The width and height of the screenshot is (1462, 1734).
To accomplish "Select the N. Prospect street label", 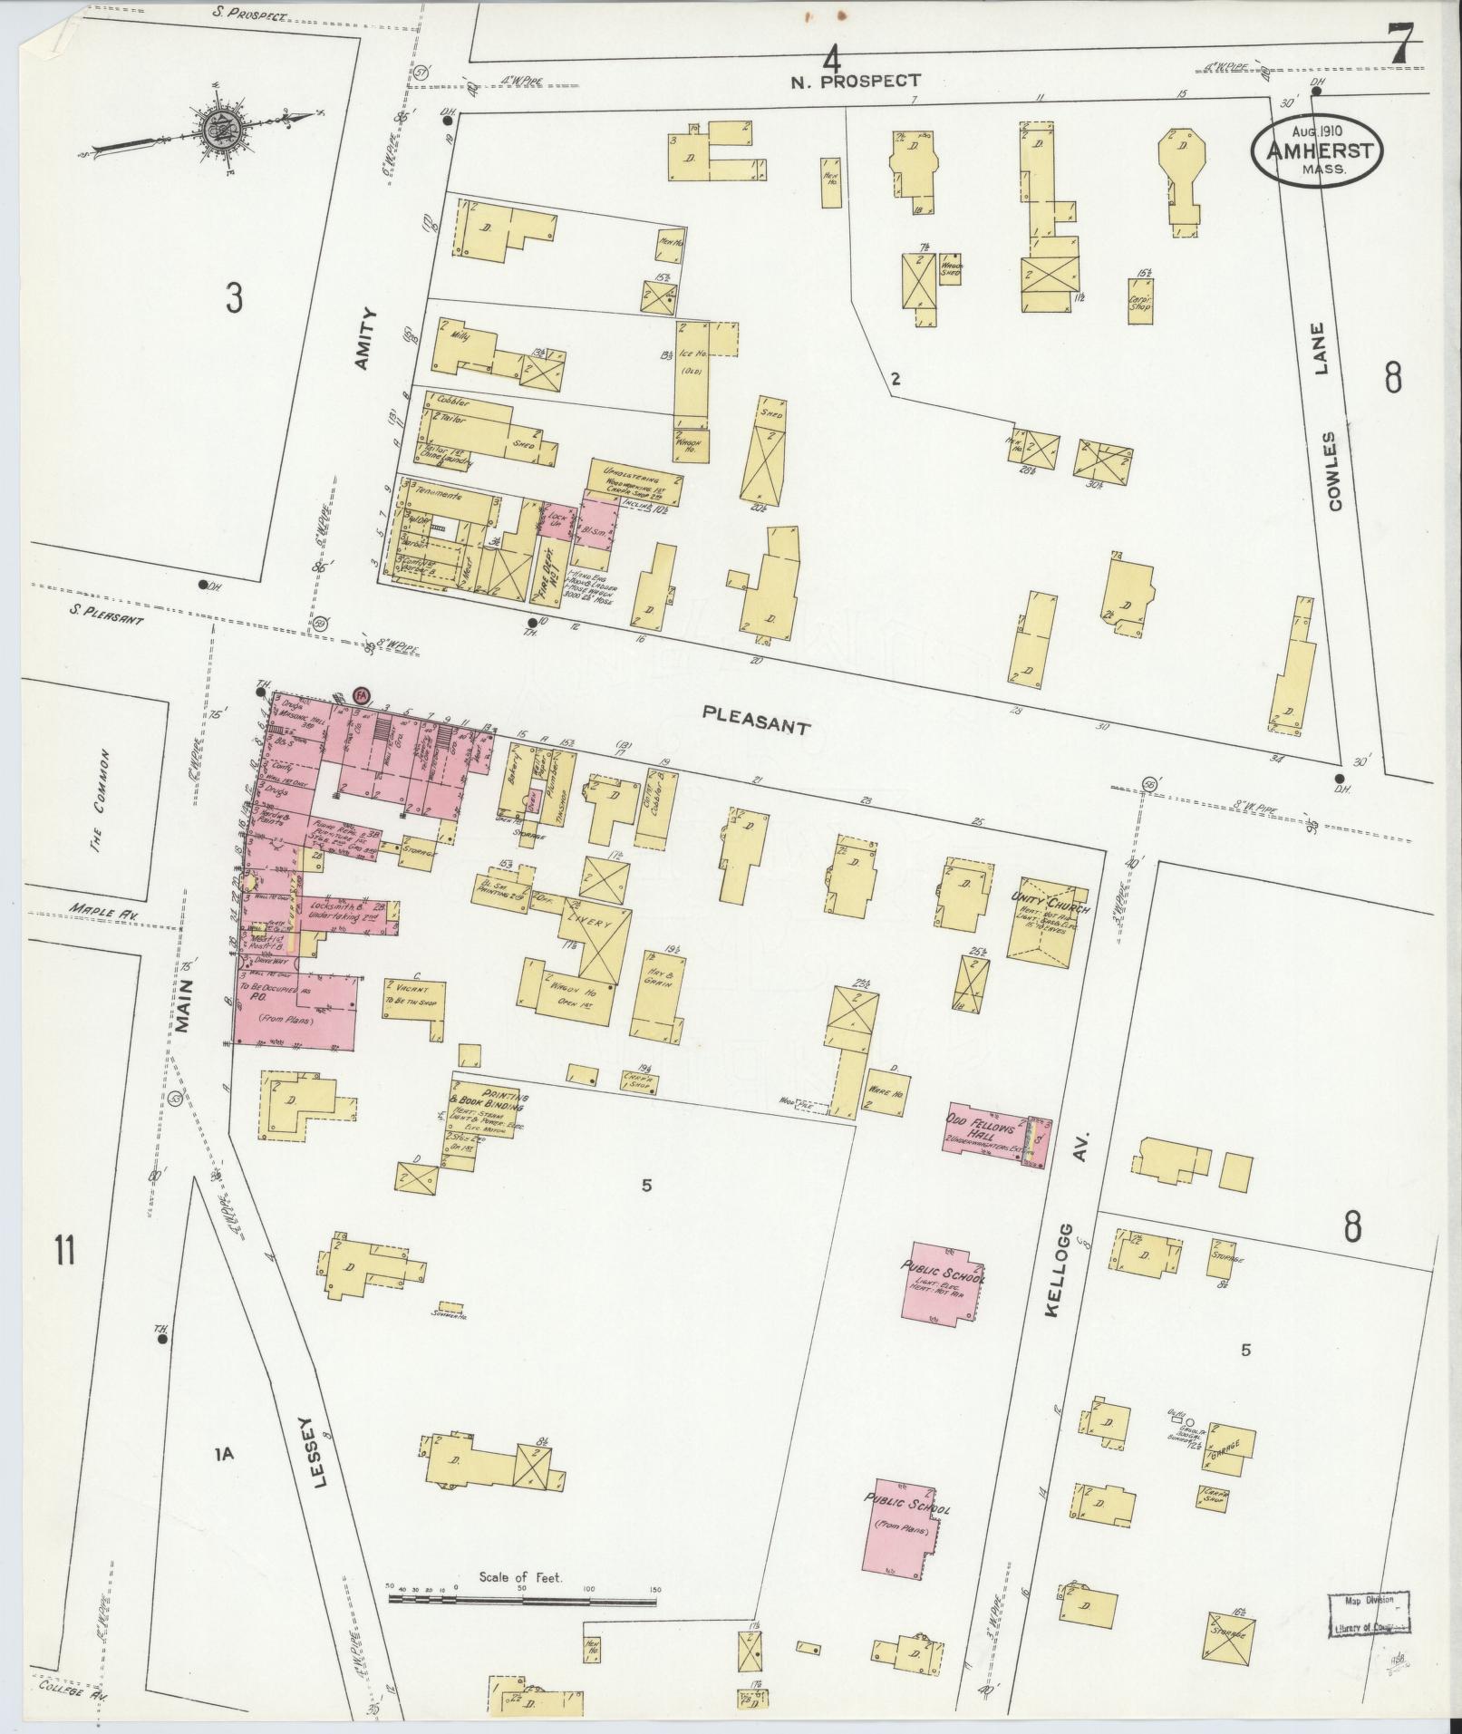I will (855, 82).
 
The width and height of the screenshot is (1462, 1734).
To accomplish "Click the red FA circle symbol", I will (362, 695).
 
